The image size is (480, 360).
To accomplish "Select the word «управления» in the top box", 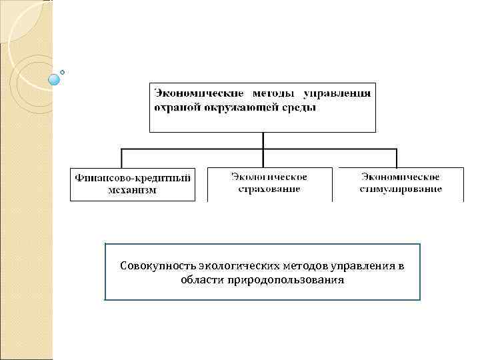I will (x=337, y=93).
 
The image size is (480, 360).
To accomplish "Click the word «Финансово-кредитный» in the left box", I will (x=133, y=178).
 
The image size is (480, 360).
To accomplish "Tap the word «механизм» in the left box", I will (x=133, y=190).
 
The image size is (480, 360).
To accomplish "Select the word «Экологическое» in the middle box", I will (x=269, y=177).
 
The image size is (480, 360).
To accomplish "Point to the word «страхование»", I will (x=269, y=189).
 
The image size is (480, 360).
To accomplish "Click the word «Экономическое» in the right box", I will (x=401, y=177).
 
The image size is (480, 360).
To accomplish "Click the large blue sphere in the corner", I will (x=54, y=80).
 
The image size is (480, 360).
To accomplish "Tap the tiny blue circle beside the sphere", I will (x=62, y=71).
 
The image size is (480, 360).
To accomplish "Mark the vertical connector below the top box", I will (x=263, y=140).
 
